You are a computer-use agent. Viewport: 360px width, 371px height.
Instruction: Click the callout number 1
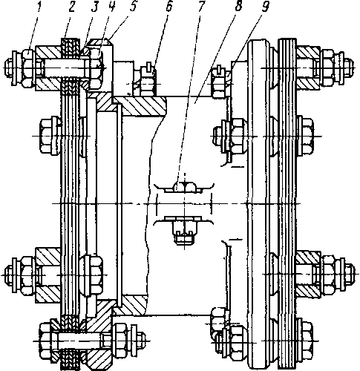tap(39, 7)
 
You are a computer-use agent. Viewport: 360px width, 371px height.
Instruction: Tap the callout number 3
tap(94, 7)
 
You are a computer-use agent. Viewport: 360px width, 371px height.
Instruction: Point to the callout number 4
tap(111, 7)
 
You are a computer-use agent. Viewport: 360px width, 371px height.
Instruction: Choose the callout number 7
tap(200, 7)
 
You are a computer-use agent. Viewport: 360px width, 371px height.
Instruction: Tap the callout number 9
tap(265, 7)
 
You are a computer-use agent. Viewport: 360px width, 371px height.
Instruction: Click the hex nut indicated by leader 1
tap(27, 68)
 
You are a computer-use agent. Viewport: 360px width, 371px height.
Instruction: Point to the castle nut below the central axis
tap(184, 232)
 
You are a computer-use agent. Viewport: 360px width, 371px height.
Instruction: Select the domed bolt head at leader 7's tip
tap(184, 186)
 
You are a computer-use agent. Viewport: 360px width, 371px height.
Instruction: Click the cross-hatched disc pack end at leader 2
tap(71, 47)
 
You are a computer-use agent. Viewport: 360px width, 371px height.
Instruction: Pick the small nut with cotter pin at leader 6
tap(148, 82)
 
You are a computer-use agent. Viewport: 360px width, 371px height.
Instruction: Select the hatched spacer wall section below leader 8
tap(140, 106)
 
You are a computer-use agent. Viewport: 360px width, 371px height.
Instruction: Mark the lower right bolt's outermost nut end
tap(350, 275)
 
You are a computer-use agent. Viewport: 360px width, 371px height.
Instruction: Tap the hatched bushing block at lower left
tap(48, 275)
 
